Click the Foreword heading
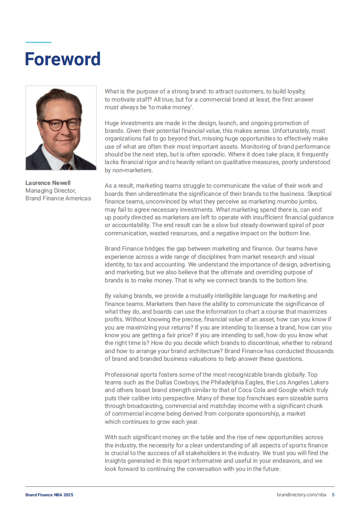tap(63, 59)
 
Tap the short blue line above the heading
tap(39, 43)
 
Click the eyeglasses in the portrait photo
tap(60, 124)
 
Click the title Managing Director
tap(50, 191)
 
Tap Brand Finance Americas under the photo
tap(58, 199)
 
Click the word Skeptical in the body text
tap(317, 194)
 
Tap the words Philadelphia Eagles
tap(233, 382)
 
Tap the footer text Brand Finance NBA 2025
tap(49, 495)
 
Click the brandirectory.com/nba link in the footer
tap(301, 495)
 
